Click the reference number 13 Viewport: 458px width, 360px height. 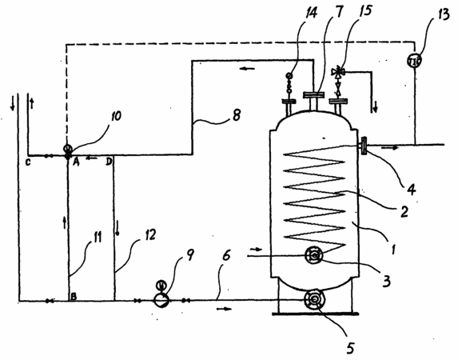[x=443, y=14]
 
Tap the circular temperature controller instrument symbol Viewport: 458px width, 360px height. [x=414, y=61]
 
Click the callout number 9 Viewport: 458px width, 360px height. [x=190, y=255]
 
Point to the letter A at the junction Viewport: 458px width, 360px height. [x=76, y=162]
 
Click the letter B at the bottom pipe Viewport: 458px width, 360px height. [x=74, y=296]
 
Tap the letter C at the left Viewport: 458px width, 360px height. [x=28, y=162]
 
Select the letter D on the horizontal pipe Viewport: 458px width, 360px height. [x=109, y=162]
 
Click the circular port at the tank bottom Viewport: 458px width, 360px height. [x=313, y=299]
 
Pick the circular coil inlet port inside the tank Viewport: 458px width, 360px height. [x=314, y=255]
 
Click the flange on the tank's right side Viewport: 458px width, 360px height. [x=364, y=146]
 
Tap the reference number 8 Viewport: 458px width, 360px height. [x=237, y=115]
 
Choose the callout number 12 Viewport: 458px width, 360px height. [x=149, y=235]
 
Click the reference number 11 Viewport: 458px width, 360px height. [x=97, y=236]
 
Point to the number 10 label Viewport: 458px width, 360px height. [x=116, y=116]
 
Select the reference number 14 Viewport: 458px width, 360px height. [x=311, y=13]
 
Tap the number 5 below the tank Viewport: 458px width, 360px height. [x=351, y=347]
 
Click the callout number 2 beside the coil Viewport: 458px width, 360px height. [x=404, y=211]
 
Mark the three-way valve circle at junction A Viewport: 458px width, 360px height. [x=67, y=149]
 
